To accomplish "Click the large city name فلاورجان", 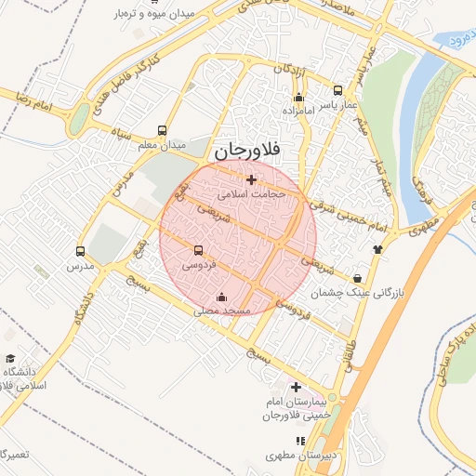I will [252, 149].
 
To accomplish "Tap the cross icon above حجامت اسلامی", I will [251, 179].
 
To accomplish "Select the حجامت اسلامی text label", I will [251, 195].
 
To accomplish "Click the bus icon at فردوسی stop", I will [197, 250].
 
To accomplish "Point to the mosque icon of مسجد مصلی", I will [221, 297].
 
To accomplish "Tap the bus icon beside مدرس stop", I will [80, 251].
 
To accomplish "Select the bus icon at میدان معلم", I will [163, 131].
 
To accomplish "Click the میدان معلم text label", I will [163, 146].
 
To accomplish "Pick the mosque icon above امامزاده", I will [298, 97].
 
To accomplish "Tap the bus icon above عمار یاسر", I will [337, 92].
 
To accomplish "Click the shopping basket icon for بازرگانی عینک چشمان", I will [358, 278].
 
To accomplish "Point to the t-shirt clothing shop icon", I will [377, 248].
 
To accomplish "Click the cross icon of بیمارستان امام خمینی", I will [296, 387].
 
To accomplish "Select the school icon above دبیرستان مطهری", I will [299, 442].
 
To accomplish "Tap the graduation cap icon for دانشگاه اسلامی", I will [10, 359].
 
